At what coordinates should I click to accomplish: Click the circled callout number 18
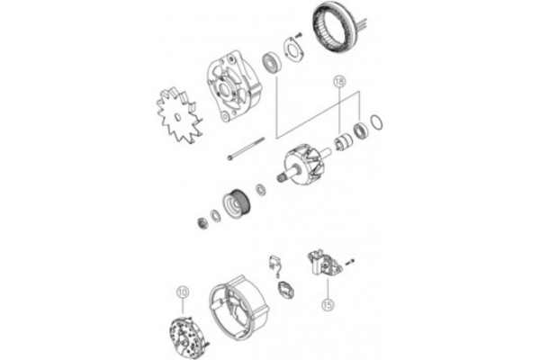click(338, 81)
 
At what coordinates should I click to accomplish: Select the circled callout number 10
click(183, 292)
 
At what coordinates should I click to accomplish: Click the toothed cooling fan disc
click(177, 119)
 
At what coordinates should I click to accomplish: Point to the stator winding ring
click(339, 32)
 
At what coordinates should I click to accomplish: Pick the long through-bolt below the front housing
click(245, 148)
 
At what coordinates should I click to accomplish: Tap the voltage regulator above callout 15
click(321, 266)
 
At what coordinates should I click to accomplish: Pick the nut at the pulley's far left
click(202, 221)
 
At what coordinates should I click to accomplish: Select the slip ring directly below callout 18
click(343, 142)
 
